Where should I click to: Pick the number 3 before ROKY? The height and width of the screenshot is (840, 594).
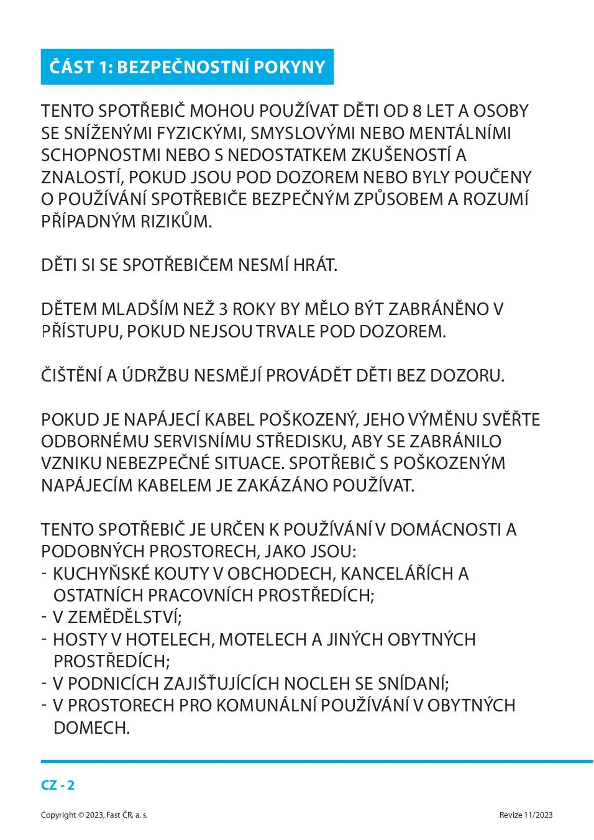[224, 309]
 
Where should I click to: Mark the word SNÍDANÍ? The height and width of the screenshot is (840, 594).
[412, 683]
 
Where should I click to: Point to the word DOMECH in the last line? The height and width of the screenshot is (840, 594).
[91, 728]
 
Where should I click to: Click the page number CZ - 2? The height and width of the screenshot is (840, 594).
[58, 785]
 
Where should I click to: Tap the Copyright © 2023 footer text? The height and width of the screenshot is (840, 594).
[94, 815]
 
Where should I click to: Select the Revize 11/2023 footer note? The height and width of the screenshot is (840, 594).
[526, 815]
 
